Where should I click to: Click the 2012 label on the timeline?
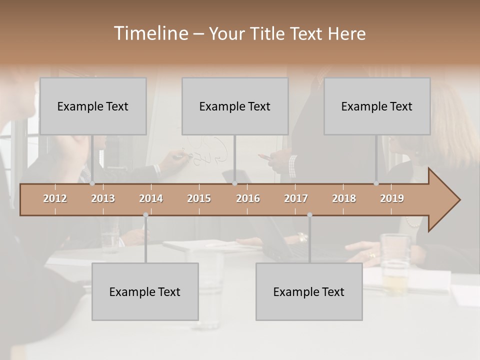(x=55, y=198)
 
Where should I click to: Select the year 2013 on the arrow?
(x=103, y=198)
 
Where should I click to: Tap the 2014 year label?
(x=151, y=198)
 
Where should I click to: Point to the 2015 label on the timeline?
(x=199, y=198)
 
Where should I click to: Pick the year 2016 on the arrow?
(x=248, y=198)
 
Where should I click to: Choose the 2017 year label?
(x=296, y=198)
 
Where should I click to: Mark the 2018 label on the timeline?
(x=344, y=198)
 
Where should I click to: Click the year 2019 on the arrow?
(x=392, y=198)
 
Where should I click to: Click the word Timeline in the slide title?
(x=150, y=33)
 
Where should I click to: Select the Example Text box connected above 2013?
(x=93, y=106)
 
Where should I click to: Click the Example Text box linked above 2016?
(x=235, y=106)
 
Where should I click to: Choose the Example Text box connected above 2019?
(x=377, y=106)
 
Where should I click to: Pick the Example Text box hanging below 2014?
(x=145, y=291)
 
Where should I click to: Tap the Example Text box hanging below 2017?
(x=309, y=291)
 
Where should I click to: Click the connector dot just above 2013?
(x=92, y=183)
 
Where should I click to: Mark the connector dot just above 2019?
(x=376, y=183)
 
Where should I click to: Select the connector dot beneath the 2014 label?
(x=145, y=215)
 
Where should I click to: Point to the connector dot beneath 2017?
(x=309, y=215)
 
